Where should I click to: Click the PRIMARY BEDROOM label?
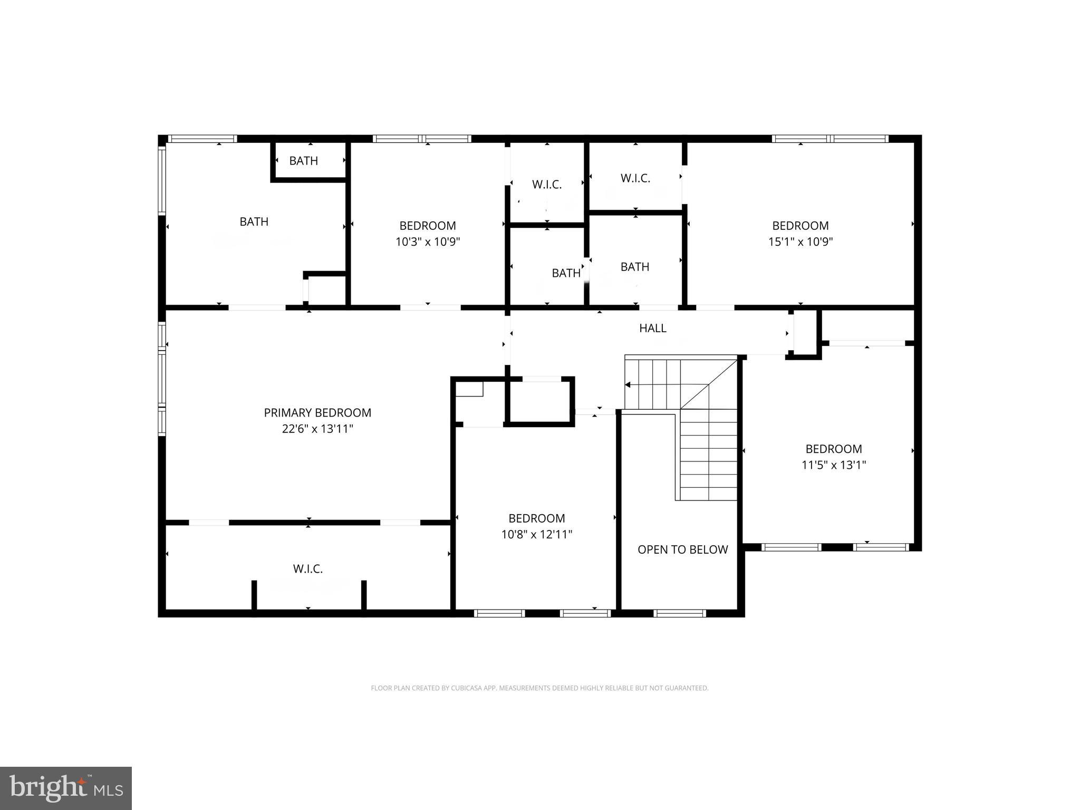pos(317,412)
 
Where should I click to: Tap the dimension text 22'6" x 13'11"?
pos(317,429)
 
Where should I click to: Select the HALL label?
pos(652,328)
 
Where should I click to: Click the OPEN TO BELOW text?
pos(682,549)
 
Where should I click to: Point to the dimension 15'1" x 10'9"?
pos(800,242)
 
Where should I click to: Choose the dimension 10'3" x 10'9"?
pos(428,242)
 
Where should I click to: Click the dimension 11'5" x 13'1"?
pos(833,465)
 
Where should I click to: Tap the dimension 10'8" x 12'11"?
pos(536,534)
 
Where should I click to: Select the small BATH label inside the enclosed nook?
pos(303,161)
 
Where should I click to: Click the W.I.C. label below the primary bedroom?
pos(307,568)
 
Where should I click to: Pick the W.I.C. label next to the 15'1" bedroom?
pos(635,178)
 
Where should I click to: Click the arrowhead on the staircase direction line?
pos(628,385)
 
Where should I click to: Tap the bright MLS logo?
pos(66,788)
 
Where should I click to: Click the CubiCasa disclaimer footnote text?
pos(539,688)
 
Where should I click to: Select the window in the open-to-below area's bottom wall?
pos(679,613)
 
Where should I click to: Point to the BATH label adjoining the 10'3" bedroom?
pos(566,273)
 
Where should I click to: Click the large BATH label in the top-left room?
pos(254,221)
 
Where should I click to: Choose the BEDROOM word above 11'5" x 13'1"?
pos(833,449)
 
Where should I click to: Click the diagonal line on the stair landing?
pos(709,384)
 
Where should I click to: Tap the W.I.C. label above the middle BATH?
pos(546,185)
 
